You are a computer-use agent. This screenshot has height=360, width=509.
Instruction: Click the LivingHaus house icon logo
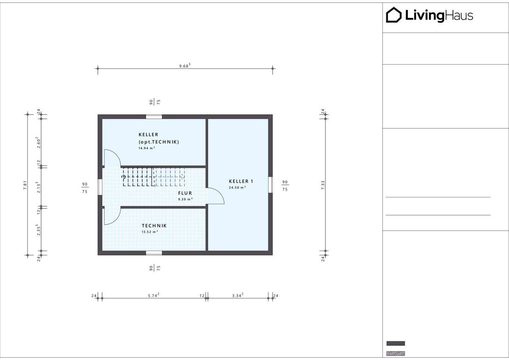(393, 15)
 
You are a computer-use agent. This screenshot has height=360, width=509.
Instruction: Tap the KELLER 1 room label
(241, 181)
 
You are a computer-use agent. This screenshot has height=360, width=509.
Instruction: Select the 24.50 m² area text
(237, 188)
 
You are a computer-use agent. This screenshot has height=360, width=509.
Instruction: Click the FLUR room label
(185, 193)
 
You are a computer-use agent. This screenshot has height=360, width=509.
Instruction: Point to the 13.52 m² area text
(150, 232)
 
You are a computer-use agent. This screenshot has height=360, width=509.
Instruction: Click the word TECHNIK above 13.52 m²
(154, 225)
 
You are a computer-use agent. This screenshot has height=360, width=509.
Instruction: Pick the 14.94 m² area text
(147, 148)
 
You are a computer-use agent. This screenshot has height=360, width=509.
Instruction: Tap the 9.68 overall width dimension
(185, 66)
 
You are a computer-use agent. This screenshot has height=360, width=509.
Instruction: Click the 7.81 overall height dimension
(25, 185)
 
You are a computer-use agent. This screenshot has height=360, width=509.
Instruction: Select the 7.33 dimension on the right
(323, 185)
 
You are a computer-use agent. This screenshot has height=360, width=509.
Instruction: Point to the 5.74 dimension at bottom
(154, 295)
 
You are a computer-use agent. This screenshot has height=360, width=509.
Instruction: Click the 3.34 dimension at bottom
(238, 295)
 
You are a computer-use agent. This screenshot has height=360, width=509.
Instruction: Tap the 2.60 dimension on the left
(39, 142)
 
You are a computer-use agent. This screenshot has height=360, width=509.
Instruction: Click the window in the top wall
(154, 117)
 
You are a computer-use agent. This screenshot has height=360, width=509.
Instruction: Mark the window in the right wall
(270, 185)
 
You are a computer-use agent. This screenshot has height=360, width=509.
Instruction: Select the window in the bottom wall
(154, 253)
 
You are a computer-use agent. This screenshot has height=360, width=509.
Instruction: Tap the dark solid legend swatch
(396, 343)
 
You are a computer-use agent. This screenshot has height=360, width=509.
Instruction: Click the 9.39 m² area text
(186, 199)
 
